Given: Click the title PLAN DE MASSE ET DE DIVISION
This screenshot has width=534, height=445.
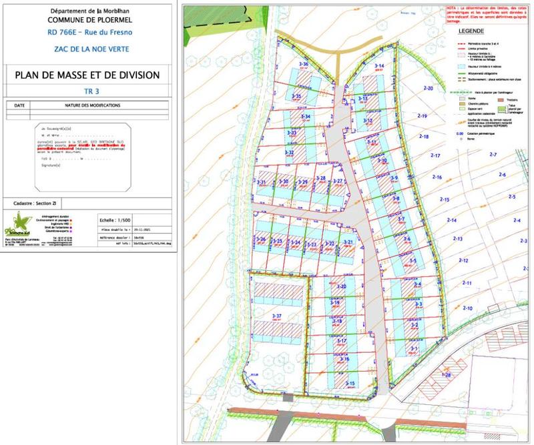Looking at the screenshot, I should coord(87,75).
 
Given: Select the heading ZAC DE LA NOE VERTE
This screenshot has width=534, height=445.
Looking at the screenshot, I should coord(87,48).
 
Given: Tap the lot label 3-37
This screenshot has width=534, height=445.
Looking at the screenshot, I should coord(278,316).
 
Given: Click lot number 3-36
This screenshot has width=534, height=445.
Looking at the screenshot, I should coord(303,64).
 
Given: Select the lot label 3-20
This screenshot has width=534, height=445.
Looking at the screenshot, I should coord(341,286).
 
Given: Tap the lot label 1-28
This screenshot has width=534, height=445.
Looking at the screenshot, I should coord(447,375).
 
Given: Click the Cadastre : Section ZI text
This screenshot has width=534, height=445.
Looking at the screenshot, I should coord(40,202).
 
